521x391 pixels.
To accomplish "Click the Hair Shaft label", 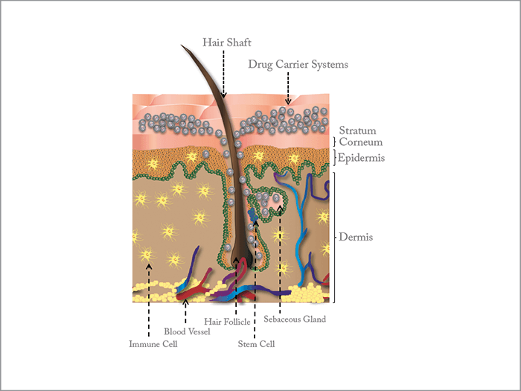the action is [x=227, y=42].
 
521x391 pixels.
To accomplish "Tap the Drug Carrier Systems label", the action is [x=298, y=64].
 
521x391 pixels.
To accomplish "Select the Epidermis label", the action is [x=361, y=158].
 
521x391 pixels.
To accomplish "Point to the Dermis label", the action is [x=356, y=237].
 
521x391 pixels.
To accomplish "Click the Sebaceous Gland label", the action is [x=295, y=320].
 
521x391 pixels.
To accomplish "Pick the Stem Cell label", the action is [x=256, y=344].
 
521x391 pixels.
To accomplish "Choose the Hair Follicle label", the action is [x=227, y=322].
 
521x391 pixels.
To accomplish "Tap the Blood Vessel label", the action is [x=187, y=331].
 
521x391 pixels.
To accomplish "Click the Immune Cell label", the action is [x=153, y=344].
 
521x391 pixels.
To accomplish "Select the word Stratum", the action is [x=357, y=130].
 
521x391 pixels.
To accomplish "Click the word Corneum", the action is [x=361, y=142].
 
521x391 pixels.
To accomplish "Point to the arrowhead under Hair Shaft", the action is [x=223, y=95].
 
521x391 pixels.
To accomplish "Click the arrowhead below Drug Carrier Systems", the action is [x=288, y=101].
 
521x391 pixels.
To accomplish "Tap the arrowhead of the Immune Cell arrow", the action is [x=149, y=266].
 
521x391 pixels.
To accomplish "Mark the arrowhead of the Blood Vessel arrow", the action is [x=186, y=302].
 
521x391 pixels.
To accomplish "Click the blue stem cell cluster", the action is [x=253, y=214].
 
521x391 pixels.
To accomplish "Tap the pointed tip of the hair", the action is [x=182, y=45].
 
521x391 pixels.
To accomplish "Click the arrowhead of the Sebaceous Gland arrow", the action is [x=280, y=208].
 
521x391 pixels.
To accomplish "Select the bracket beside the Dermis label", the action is [x=334, y=238].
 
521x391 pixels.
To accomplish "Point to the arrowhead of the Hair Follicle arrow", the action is [x=236, y=260].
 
